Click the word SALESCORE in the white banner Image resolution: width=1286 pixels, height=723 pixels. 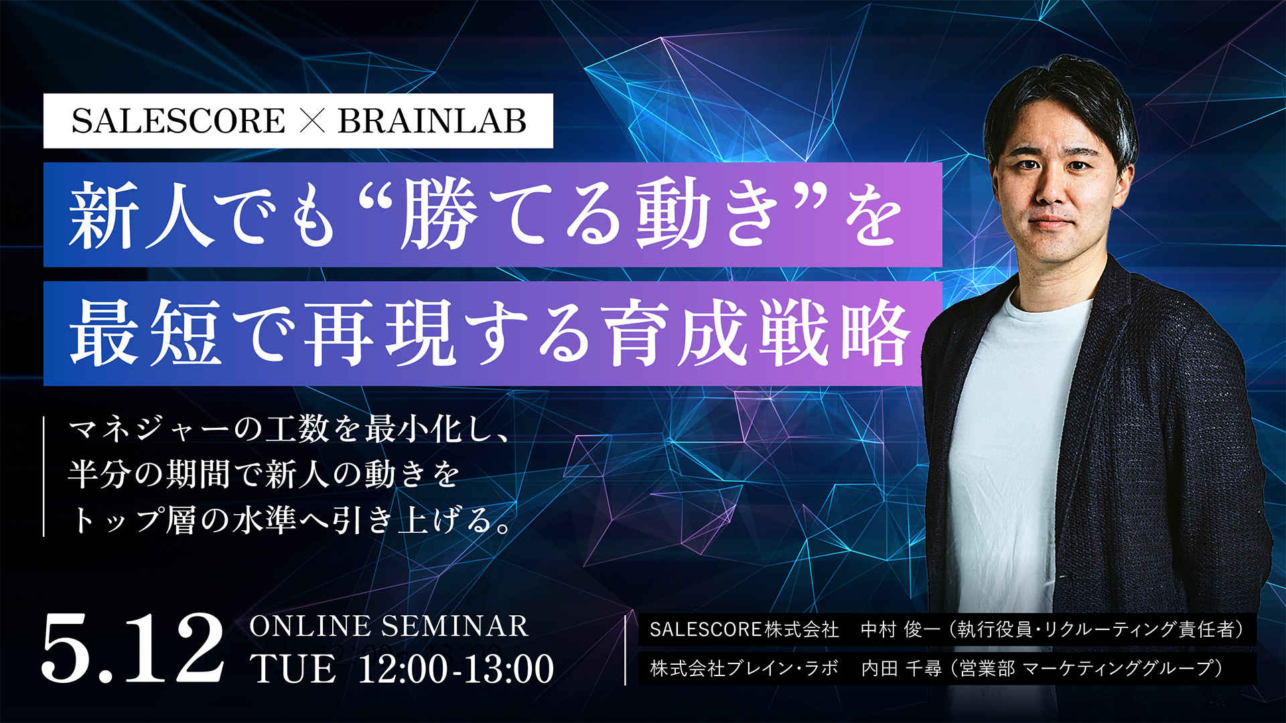tap(178, 121)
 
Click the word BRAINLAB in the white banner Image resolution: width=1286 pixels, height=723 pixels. tap(432, 121)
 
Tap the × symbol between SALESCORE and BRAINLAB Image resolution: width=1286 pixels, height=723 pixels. tap(311, 121)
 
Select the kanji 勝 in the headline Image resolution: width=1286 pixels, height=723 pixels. tap(439, 215)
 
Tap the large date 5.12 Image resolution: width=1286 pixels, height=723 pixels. tap(133, 647)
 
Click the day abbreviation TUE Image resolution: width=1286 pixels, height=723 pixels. tap(293, 669)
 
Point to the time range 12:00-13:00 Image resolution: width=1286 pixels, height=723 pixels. tap(456, 669)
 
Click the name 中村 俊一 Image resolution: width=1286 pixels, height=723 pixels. tap(900, 629)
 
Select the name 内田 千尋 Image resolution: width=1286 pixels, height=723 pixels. tap(901, 668)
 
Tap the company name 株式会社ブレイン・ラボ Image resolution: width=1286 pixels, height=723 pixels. tap(744, 668)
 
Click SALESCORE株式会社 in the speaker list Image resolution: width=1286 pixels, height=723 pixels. tap(744, 629)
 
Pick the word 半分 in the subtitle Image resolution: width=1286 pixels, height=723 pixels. tap(100, 474)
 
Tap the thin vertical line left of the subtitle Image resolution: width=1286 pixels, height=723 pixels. tap(44, 476)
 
